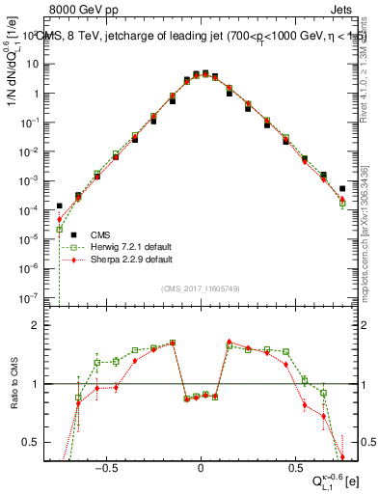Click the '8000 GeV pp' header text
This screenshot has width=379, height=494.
point(76,11)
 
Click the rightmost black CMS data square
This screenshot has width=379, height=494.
point(342,189)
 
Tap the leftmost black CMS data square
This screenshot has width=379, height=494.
point(59,206)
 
